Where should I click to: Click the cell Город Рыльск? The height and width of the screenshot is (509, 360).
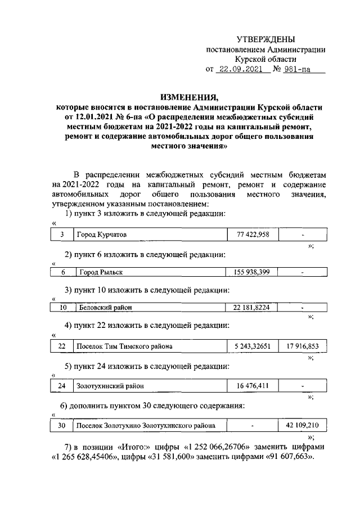[x=100, y=272]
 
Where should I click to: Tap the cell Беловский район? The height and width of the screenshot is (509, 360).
[x=105, y=308]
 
